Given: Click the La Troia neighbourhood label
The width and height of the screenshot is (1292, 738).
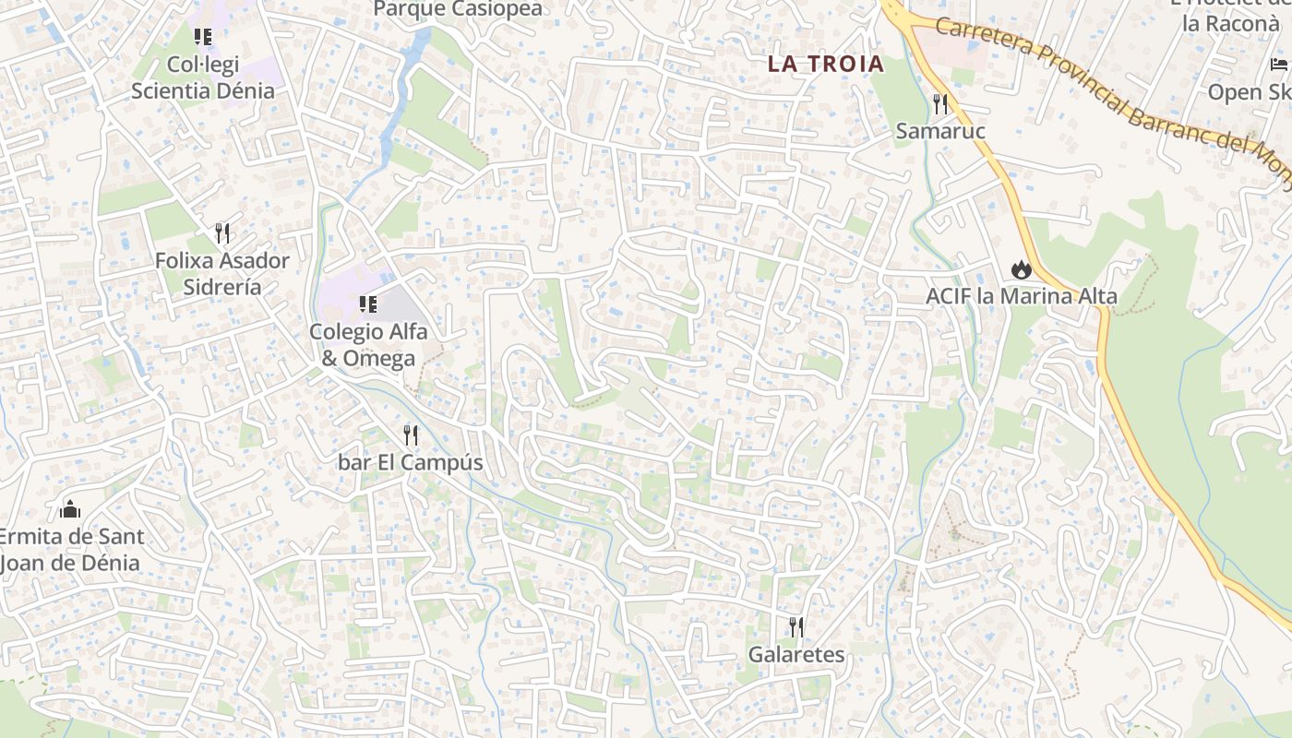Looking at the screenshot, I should tap(826, 65).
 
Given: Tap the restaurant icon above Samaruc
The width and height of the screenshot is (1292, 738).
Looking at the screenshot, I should tap(940, 103).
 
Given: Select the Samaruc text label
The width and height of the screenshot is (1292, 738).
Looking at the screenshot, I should tap(940, 131).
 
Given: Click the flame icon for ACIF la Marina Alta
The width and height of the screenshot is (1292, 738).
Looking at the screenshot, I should tap(1021, 269).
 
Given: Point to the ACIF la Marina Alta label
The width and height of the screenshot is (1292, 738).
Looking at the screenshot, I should tap(1022, 297).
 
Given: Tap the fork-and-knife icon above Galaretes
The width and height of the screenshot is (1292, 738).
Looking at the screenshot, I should tap(796, 627).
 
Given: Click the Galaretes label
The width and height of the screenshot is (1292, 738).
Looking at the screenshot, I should tap(796, 655).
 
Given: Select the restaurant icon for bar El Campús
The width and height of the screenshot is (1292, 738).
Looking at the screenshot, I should tap(411, 434).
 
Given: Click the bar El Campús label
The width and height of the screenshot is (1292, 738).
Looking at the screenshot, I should tap(411, 462).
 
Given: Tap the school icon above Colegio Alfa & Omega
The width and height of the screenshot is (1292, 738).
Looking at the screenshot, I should tap(368, 304).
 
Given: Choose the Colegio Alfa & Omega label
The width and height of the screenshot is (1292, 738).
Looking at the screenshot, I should tap(368, 344).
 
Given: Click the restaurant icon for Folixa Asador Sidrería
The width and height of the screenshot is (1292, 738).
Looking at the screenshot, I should tap(221, 232).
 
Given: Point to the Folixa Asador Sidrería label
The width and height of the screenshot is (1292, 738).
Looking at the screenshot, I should tap(221, 273).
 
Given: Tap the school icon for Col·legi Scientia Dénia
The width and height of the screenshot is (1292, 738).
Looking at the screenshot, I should tap(203, 37).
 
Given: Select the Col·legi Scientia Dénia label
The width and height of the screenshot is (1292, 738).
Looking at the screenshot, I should tap(203, 77).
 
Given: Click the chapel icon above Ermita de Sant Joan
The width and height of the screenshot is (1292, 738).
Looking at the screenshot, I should tap(69, 508).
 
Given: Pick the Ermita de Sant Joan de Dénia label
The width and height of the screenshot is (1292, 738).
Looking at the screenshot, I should tap(70, 549).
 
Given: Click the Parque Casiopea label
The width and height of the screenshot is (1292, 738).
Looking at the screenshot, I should tap(458, 9).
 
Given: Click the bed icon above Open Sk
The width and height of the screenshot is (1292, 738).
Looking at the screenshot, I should tap(1279, 64).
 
